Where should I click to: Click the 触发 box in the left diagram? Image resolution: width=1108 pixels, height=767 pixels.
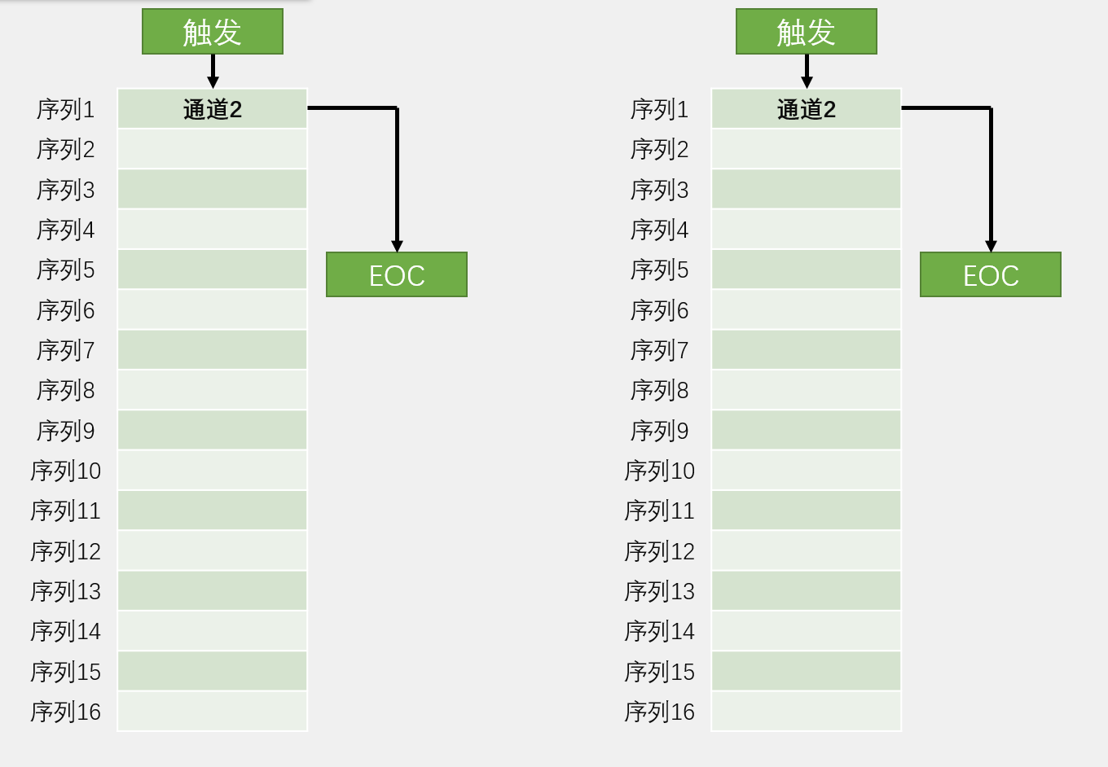click(x=212, y=32)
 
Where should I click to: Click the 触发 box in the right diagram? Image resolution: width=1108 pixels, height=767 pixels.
click(x=806, y=32)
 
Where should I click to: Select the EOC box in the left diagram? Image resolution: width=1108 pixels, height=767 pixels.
click(x=396, y=275)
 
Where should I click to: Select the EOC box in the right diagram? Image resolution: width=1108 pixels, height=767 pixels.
click(x=990, y=275)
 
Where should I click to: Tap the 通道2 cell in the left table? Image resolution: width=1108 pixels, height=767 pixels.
click(x=212, y=109)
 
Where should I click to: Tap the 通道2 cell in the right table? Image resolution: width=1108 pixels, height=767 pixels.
click(x=806, y=109)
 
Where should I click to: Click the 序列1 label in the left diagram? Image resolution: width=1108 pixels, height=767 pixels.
click(x=65, y=109)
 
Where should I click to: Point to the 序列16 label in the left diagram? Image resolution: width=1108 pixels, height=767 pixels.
click(x=65, y=712)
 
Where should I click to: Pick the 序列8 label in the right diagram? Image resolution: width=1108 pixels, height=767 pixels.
click(x=659, y=391)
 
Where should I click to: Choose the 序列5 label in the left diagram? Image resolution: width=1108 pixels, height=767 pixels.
click(x=65, y=270)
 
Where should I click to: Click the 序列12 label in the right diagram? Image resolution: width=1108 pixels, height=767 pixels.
click(x=659, y=551)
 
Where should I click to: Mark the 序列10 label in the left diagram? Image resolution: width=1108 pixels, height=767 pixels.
click(x=65, y=471)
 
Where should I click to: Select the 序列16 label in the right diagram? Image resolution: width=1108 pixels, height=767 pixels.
click(x=659, y=712)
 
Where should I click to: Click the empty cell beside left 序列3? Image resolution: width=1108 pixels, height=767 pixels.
click(x=212, y=189)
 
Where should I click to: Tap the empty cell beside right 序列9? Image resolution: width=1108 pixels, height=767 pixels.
click(x=806, y=430)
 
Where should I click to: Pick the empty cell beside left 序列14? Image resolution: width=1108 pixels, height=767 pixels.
click(x=212, y=631)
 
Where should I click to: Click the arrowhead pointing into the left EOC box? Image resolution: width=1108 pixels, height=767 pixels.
click(x=397, y=246)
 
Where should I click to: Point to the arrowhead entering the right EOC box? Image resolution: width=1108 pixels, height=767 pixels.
click(x=991, y=246)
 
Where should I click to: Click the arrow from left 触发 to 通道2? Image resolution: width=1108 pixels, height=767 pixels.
click(x=213, y=72)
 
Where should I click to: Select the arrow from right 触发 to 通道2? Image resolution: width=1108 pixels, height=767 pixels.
click(x=807, y=72)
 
